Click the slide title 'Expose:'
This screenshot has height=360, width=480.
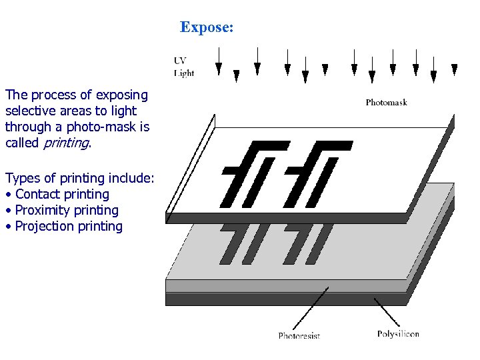coord(207,27)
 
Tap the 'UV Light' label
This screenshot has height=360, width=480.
coord(184,67)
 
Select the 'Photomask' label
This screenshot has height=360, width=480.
coord(386,103)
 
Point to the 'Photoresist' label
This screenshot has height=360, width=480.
coord(299,335)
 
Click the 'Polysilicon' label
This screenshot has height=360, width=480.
coord(398,333)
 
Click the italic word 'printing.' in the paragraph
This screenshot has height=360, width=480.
coord(66,143)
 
